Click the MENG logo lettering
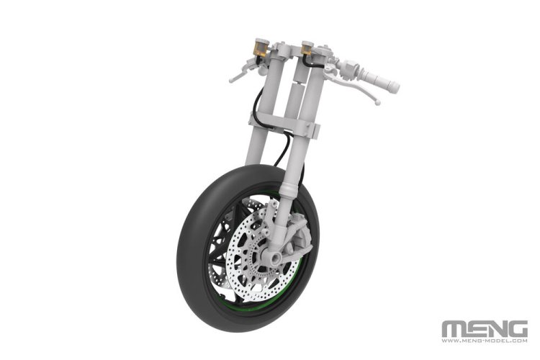[x=485, y=329]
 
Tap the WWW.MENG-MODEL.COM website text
[x=485, y=341]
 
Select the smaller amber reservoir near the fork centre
[x=307, y=48]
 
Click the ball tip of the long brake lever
[x=378, y=102]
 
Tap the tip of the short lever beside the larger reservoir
[x=231, y=80]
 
